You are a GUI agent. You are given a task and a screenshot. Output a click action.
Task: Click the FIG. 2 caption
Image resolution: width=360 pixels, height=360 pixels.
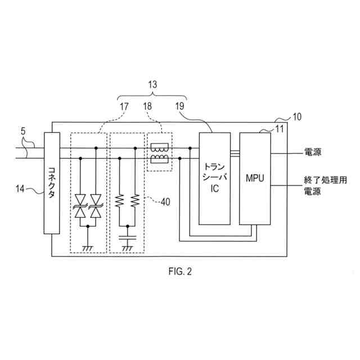(179, 272)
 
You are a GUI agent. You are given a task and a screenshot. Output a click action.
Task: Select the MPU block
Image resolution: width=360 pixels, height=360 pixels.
(254, 178)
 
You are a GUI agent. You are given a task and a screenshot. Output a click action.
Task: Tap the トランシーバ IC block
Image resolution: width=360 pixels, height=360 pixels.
(214, 178)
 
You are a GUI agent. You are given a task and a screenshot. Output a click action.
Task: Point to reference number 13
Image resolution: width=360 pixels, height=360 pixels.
(152, 84)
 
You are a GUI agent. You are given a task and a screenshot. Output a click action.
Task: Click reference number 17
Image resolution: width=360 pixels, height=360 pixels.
(125, 105)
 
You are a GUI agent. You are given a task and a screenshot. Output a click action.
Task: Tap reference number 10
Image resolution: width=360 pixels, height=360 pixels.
(296, 117)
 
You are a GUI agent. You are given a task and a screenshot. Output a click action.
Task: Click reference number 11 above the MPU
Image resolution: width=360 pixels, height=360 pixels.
(279, 130)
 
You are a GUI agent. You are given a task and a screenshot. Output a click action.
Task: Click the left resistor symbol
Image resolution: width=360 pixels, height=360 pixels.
(120, 201)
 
